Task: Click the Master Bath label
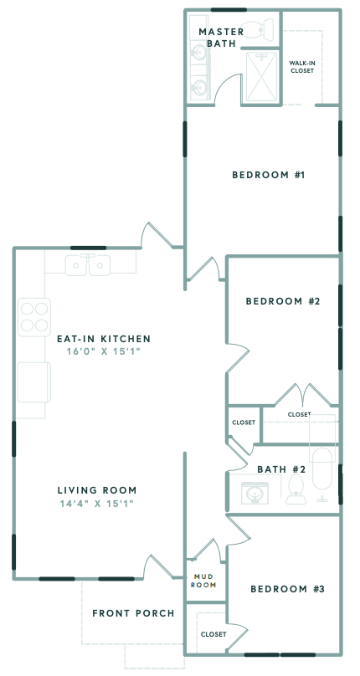pos(221,38)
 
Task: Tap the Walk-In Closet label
pos(301,66)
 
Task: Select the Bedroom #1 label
pos(267,175)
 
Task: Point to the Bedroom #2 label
pos(282,301)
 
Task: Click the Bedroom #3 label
pos(287,589)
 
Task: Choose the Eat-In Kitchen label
pos(104,339)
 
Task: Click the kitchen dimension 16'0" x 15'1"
pos(104,352)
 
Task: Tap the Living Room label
pos(97,489)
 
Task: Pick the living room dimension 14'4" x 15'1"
pos(97,503)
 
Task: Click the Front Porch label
pos(133,613)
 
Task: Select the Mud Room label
pos(205,580)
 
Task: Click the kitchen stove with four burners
pos(34,316)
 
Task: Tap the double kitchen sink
pos(89,265)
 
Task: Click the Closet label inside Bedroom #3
pos(213,634)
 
